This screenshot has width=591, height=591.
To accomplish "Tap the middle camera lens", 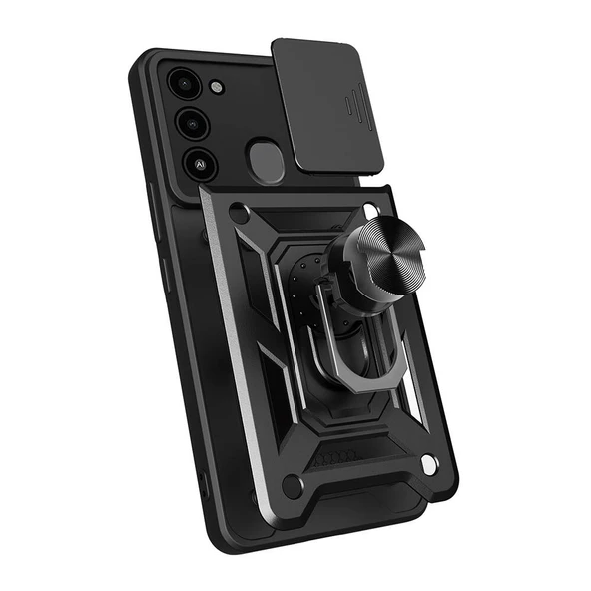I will [x=193, y=124].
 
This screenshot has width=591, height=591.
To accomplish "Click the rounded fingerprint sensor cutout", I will [x=266, y=161].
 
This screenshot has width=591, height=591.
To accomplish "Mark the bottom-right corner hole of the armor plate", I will [x=428, y=466].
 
